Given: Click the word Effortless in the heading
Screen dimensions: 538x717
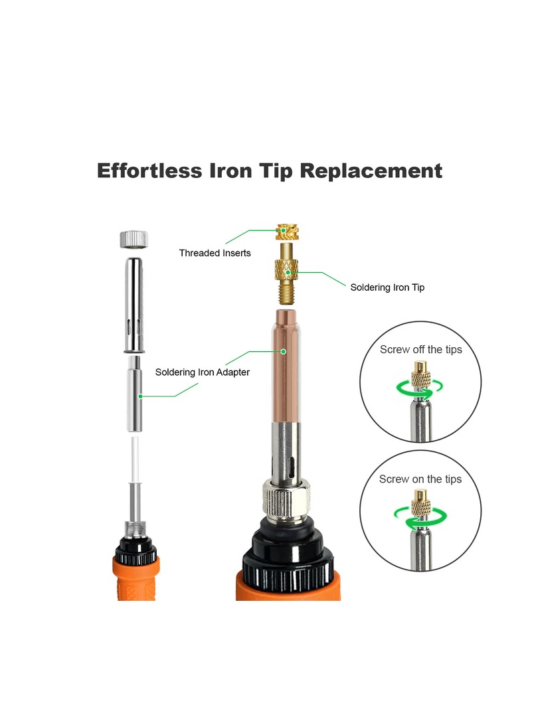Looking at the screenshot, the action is pyautogui.click(x=149, y=171).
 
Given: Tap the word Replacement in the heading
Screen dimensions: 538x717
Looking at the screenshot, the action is pyautogui.click(x=371, y=171).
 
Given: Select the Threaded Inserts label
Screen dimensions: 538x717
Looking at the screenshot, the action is pyautogui.click(x=215, y=253).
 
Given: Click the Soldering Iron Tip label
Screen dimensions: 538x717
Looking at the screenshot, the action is pyautogui.click(x=387, y=287).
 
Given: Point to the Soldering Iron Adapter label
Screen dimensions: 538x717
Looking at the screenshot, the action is pyautogui.click(x=202, y=372).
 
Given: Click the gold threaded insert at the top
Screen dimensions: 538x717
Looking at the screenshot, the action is pyautogui.click(x=288, y=232).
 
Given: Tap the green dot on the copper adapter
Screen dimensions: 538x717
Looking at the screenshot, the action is pyautogui.click(x=284, y=351).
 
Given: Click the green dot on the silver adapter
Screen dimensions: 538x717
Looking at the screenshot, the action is pyautogui.click(x=140, y=396).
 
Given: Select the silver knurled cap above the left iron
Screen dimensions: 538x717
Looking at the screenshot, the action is pyautogui.click(x=134, y=240).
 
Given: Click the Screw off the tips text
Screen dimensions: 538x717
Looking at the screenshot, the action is pyautogui.click(x=421, y=349).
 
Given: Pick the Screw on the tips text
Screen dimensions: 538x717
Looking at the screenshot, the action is pyautogui.click(x=420, y=479).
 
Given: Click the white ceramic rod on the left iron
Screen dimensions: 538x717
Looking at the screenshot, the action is pyautogui.click(x=135, y=459).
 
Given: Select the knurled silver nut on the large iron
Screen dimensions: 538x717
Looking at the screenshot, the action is pyautogui.click(x=286, y=502).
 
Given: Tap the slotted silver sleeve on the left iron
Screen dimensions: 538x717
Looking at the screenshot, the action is pyautogui.click(x=134, y=305).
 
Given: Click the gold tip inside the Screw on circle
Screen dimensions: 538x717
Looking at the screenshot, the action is pyautogui.click(x=420, y=503).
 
